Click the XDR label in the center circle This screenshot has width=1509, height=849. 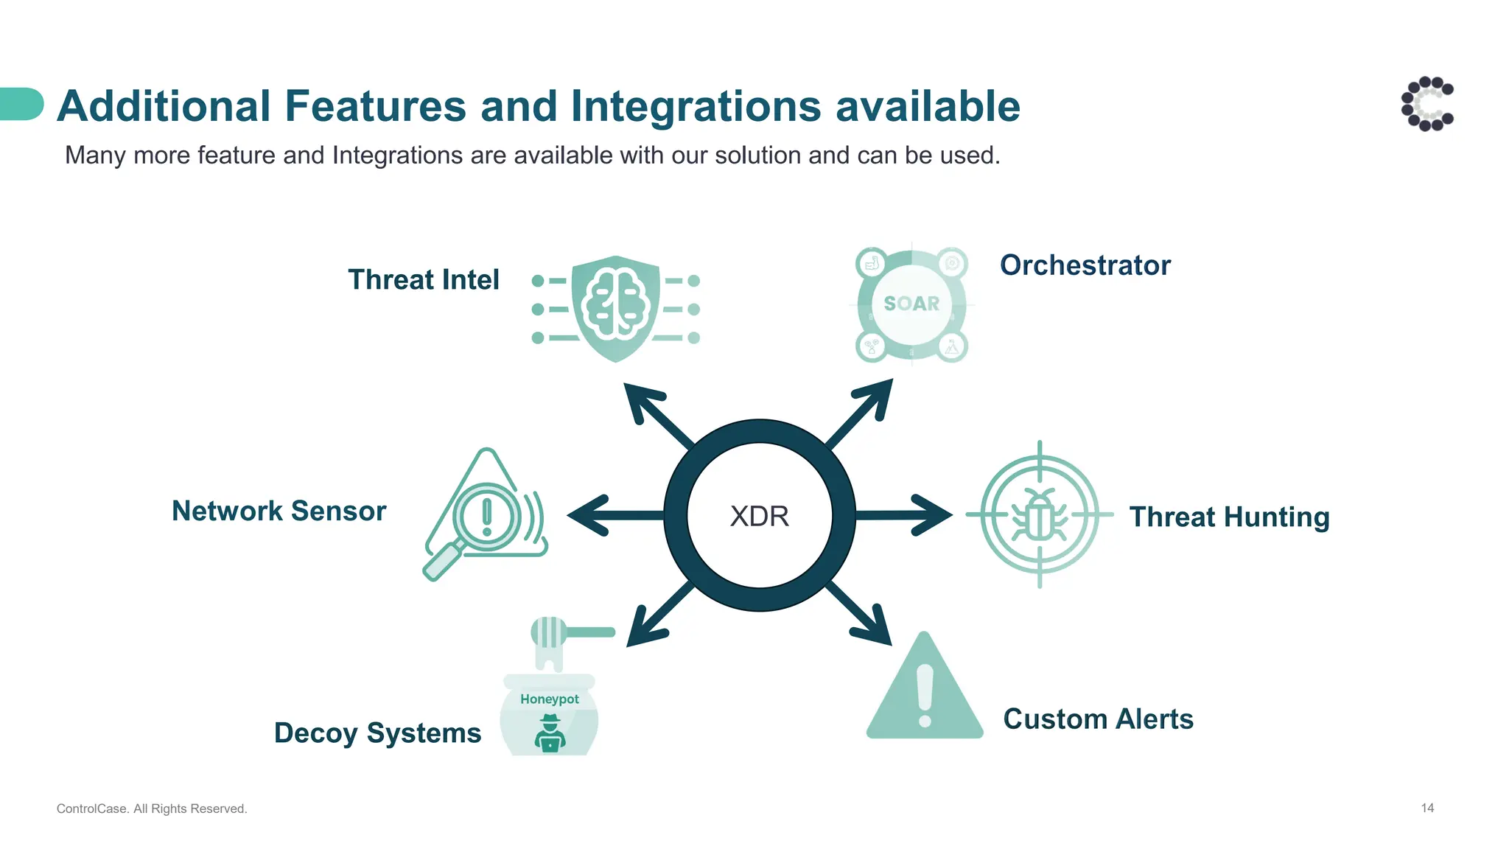coord(759,516)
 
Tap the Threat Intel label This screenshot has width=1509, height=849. coord(423,280)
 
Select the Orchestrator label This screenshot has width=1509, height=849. coord(1085,265)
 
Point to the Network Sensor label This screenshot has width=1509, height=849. coord(279,511)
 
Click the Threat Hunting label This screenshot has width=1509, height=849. coord(1229,517)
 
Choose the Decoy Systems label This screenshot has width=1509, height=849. coord(377,733)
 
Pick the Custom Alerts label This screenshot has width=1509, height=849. coord(1098,719)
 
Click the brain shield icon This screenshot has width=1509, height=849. coord(615,309)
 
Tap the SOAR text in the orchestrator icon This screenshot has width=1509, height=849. coord(911,304)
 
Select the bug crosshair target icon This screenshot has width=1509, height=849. coord(1039,514)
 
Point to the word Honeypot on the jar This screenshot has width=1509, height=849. coord(549,699)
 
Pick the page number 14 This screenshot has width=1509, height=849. coord(1427,808)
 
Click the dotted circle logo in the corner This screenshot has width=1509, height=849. coord(1427,104)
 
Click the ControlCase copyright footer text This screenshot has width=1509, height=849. coord(152,808)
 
